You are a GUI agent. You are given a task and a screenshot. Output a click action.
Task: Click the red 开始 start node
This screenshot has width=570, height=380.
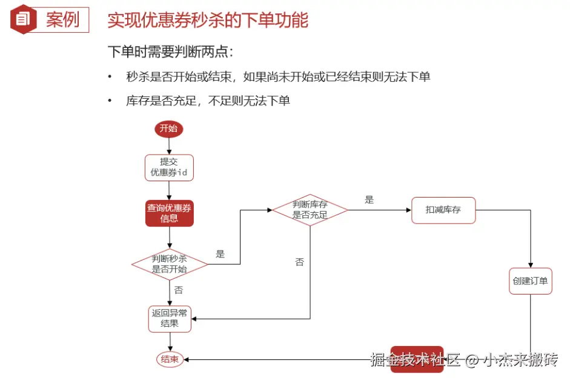coord(168,128)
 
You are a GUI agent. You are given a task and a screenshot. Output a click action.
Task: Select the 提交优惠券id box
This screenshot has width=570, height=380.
coord(168,167)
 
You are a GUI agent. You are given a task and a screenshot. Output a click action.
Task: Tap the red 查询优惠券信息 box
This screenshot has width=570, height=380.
coord(169,213)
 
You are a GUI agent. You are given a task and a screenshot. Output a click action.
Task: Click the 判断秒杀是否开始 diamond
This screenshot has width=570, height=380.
coord(170,264)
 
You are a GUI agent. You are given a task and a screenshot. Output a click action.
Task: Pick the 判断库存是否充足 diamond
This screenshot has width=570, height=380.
coord(310,210)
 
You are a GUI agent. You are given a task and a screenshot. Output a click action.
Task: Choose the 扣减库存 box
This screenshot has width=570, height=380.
coord(443,210)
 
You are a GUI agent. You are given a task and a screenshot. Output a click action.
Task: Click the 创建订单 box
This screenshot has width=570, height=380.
coord(530,281)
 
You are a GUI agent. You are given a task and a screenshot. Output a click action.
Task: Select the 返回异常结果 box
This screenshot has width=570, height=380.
coord(170,319)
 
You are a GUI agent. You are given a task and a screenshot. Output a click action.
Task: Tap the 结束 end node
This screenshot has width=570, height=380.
coord(170,359)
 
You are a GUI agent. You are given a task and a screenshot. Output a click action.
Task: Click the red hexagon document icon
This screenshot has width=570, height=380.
coord(22,19)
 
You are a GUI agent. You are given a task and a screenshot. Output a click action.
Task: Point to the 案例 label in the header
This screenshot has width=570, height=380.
coord(62,19)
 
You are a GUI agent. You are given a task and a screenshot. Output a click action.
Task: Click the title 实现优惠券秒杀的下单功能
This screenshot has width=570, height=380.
coord(208,20)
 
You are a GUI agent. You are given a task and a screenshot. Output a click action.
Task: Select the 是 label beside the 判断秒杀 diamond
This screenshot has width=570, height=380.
coord(220,254)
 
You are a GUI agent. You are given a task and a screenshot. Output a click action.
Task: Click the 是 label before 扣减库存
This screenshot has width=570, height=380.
coord(370,199)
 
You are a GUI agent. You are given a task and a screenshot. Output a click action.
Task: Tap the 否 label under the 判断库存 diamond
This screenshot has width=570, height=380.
coord(299,262)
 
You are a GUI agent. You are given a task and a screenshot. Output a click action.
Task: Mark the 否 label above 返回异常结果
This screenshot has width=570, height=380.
coord(179,290)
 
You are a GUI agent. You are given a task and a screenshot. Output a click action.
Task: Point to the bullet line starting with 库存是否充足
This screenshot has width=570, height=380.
coord(208,101)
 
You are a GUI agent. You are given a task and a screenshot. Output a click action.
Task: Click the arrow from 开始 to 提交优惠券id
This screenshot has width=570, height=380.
coord(168,145)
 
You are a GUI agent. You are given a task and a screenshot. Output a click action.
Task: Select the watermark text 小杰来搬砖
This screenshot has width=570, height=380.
coord(519,360)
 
